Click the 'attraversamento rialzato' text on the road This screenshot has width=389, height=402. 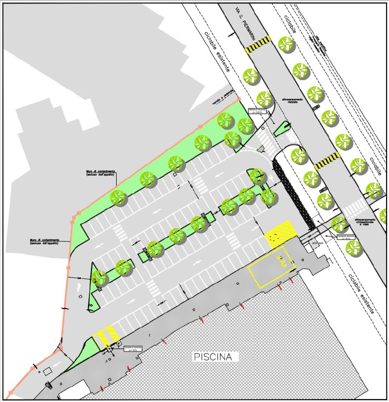click(x=293, y=101)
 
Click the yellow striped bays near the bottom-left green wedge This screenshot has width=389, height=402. click(x=106, y=335)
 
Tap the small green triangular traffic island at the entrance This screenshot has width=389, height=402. click(x=282, y=129)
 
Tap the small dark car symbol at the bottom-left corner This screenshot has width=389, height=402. click(x=48, y=385)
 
